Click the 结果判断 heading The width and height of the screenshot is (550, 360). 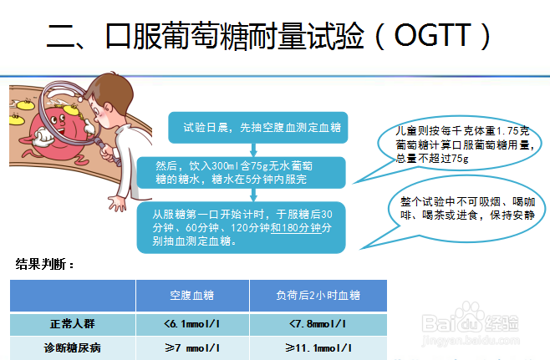(46, 265)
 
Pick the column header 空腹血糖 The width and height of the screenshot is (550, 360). (192, 296)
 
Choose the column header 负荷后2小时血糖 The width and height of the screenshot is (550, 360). (318, 296)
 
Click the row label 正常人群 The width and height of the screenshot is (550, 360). (73, 324)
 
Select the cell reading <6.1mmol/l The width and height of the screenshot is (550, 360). (192, 324)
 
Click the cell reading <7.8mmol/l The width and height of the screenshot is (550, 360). (318, 324)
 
